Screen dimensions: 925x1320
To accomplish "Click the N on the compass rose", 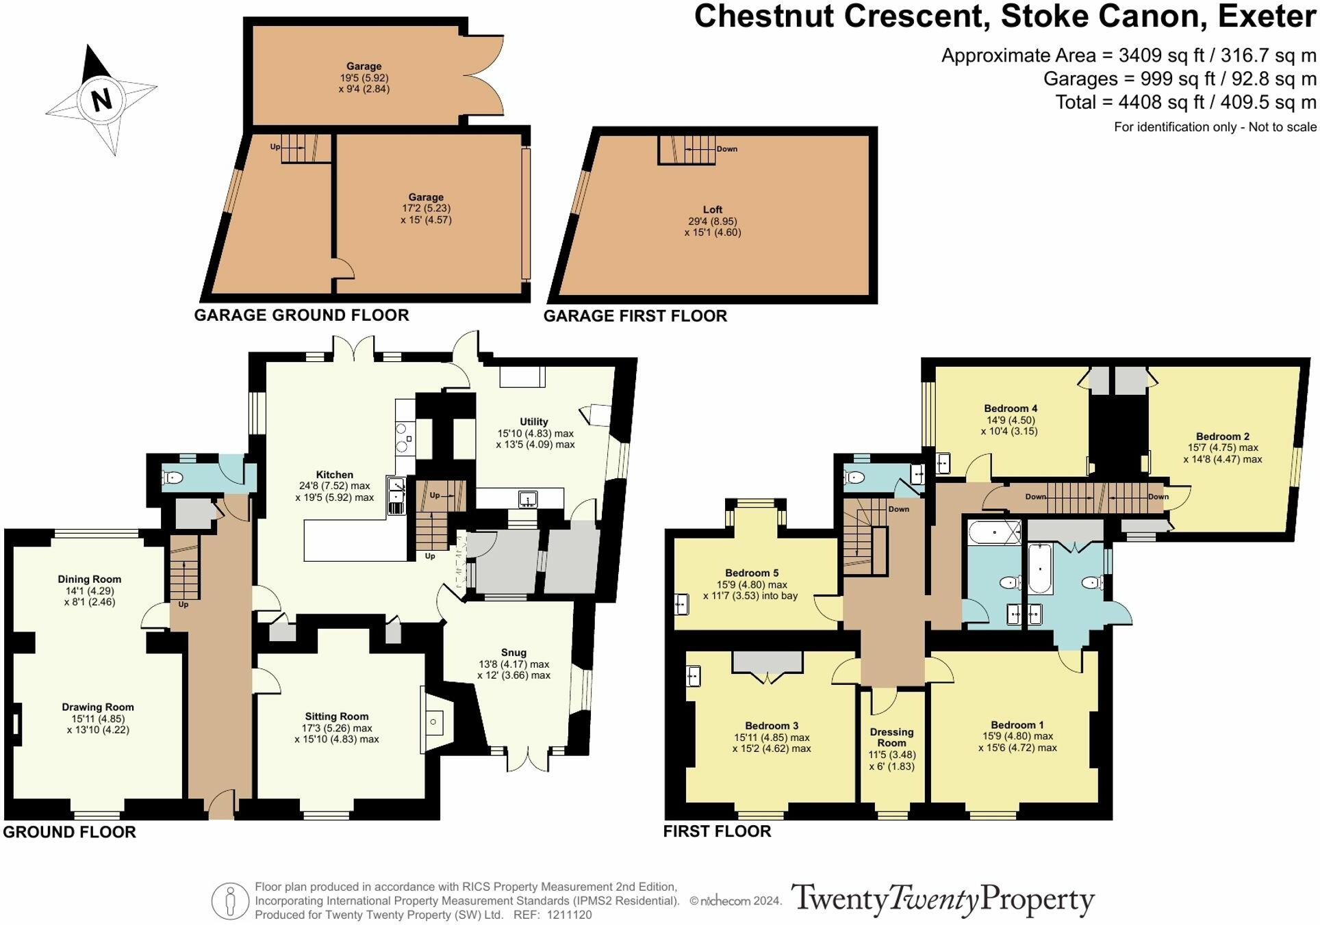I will pos(101,101).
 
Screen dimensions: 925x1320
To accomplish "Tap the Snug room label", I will pos(513,653).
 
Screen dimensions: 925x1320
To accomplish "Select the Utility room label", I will pos(533,421).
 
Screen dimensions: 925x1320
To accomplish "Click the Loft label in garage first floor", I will pos(712,209).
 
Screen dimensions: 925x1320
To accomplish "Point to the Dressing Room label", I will pos(891,737).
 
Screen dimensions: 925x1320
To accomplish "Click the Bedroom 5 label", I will pos(751,573).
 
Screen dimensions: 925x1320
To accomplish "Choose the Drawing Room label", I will pos(98,707).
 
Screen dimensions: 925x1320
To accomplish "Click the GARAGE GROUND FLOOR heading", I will pos(301,315).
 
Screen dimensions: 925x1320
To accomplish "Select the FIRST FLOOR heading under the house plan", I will pos(717,831).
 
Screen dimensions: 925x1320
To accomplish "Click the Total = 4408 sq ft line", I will pos(1185,103).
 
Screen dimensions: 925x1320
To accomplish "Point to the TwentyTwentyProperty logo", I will pos(943,900).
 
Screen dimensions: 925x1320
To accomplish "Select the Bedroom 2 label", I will pos(1222,437).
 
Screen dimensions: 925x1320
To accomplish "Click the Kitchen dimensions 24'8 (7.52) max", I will pos(334,486).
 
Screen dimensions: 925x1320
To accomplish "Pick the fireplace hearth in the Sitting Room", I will pos(433,721).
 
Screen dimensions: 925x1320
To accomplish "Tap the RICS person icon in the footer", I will pos(230,900).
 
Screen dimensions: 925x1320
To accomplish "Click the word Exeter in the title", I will pos(1267,16).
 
